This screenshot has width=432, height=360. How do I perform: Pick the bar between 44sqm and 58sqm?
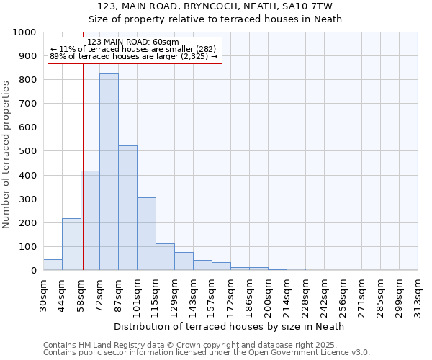[x=71, y=244]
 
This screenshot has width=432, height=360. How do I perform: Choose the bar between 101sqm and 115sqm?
[x=146, y=233]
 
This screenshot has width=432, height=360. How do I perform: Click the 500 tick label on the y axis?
[x=27, y=151]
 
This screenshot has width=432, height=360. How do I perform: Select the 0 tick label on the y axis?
[x=33, y=271]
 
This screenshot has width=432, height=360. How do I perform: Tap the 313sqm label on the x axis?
[x=418, y=297]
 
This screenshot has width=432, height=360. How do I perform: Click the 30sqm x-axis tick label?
[x=43, y=297]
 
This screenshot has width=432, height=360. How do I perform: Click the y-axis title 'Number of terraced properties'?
[x=7, y=154]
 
